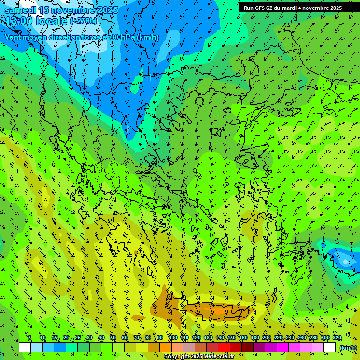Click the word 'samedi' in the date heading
(20, 10)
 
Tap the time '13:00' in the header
(19, 21)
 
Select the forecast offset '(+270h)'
(83, 21)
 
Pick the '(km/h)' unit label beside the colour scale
(348, 347)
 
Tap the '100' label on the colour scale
(172, 337)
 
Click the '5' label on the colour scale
(29, 337)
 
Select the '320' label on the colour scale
(337, 337)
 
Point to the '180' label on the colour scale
(255, 337)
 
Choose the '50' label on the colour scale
(113, 337)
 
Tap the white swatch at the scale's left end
(25, 347)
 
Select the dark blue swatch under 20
(60, 347)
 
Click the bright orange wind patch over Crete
(219, 310)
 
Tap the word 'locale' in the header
(53, 21)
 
